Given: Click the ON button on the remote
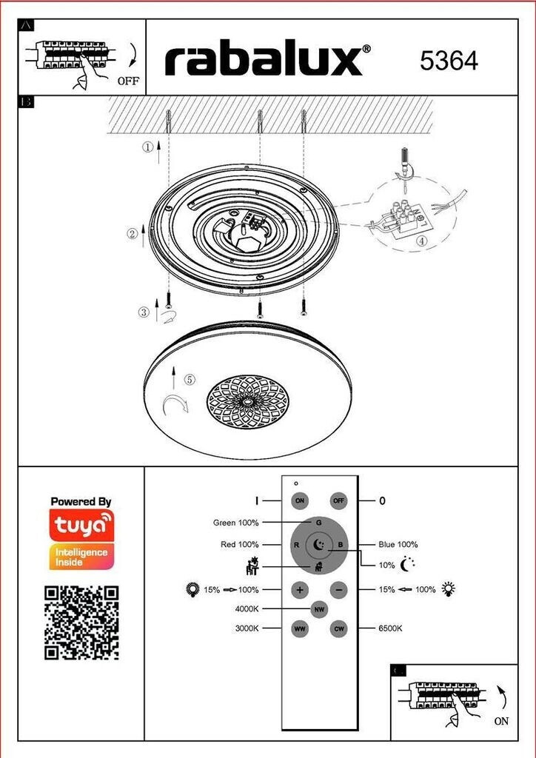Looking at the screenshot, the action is [x=300, y=501].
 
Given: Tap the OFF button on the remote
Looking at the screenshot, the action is [x=339, y=501].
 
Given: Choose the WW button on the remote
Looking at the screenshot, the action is [x=300, y=629].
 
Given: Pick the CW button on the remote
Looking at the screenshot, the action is [x=339, y=629].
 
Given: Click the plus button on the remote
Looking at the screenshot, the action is [x=300, y=590].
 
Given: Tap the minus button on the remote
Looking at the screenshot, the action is [x=339, y=590].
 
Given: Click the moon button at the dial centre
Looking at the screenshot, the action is [x=319, y=545].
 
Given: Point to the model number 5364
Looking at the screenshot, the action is [x=449, y=61].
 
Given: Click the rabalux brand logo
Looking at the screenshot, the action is [x=268, y=61].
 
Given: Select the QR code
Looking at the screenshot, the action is [x=81, y=623].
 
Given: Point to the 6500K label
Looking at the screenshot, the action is [x=390, y=628].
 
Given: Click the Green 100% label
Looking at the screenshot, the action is [x=236, y=523].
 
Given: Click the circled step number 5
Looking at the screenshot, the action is [x=190, y=380].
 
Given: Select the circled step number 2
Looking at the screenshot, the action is [x=133, y=234].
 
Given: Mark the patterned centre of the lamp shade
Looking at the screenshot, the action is [x=247, y=402].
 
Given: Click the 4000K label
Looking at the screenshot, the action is [x=247, y=609].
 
